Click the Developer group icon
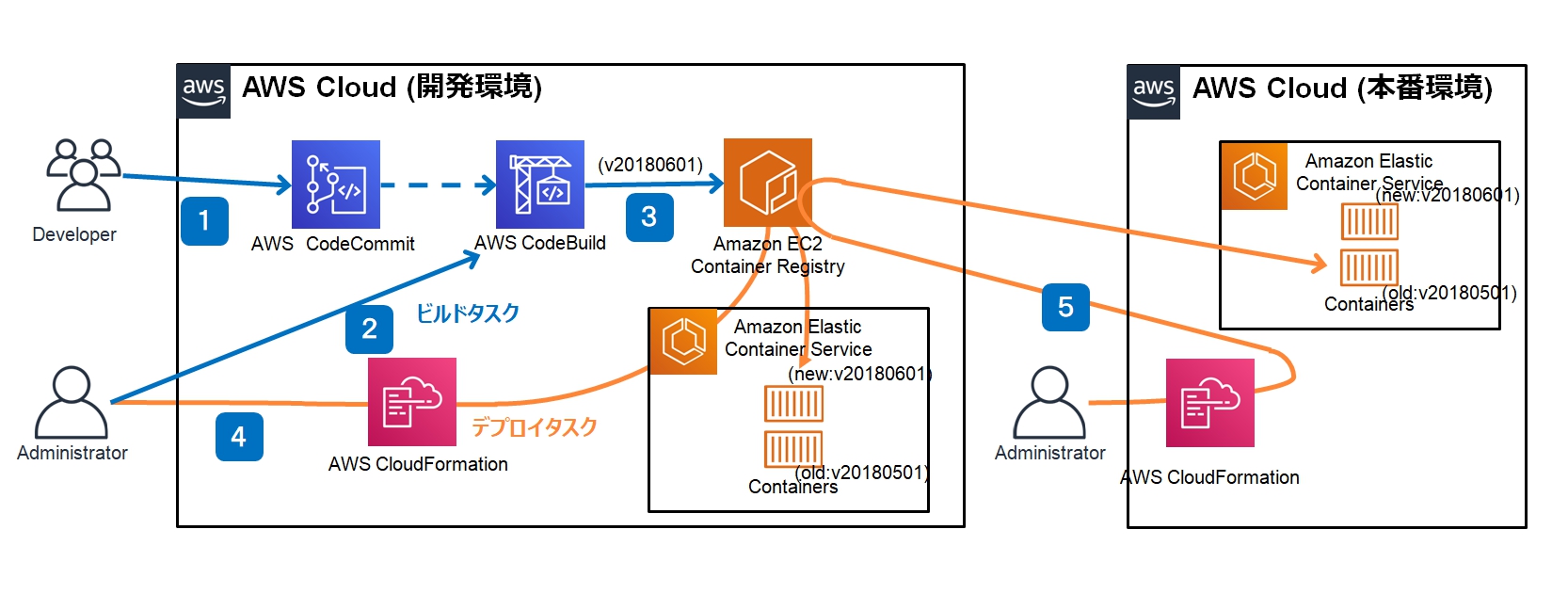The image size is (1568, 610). pos(84,174)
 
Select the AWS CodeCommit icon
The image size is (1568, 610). pos(336,185)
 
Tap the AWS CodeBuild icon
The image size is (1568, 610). pos(539,185)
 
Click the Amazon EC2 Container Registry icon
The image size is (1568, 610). pos(768,183)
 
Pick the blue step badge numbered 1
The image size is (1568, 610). pos(204,220)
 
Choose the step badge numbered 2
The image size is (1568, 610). pos(369,329)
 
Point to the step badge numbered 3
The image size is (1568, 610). pos(649,217)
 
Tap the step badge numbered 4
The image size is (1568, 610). pos(239,437)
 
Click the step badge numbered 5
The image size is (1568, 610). pos(1065,307)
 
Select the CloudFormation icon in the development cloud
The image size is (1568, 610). pos(412,402)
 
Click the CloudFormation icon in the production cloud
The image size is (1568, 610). pos(1210,403)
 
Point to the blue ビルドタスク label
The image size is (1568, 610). pos(468,313)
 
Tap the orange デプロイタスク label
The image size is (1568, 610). pos(534,426)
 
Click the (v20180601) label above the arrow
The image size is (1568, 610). pos(650,165)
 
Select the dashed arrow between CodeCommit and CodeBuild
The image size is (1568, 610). pos(439,185)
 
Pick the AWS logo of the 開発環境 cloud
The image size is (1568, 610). pos(203,91)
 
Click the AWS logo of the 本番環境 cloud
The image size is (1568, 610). pos(1154,92)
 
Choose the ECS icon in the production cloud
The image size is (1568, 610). pos(1255,176)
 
